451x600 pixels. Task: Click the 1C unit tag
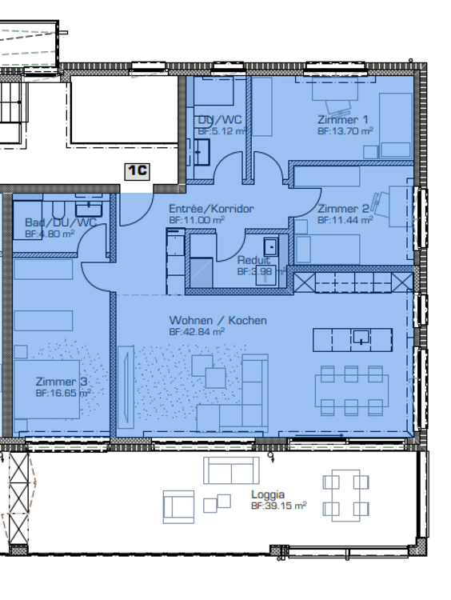(x=138, y=170)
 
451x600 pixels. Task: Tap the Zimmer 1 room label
(x=343, y=119)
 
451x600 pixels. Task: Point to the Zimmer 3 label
(x=61, y=382)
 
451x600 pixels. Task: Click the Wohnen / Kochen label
(x=218, y=320)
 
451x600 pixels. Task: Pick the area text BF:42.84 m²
(x=197, y=331)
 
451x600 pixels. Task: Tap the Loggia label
(x=267, y=494)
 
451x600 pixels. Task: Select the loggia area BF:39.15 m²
(x=278, y=506)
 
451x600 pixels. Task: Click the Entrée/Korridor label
(x=211, y=209)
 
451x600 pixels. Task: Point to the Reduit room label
(x=253, y=260)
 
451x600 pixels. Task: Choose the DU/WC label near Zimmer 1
(x=219, y=120)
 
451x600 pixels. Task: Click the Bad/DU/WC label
(x=60, y=222)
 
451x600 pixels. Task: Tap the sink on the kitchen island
(x=363, y=338)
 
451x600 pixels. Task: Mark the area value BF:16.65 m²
(x=62, y=394)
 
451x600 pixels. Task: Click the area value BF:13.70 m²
(x=345, y=130)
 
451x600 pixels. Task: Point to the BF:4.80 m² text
(x=50, y=234)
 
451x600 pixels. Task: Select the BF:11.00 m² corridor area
(x=197, y=219)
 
